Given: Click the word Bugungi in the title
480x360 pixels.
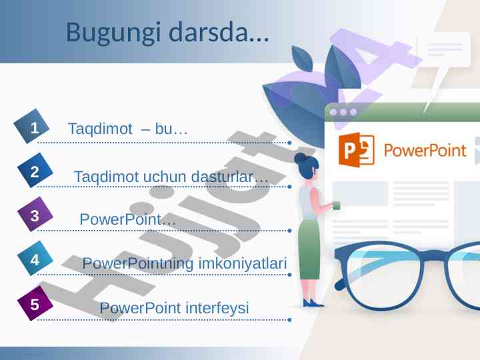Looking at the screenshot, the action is (x=113, y=33).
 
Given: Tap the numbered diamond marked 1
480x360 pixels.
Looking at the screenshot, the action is (x=31, y=126).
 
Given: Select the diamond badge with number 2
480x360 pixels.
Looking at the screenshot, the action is (x=35, y=170).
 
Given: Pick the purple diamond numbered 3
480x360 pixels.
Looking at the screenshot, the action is (x=35, y=214).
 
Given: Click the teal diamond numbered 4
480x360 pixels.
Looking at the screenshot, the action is (x=35, y=259).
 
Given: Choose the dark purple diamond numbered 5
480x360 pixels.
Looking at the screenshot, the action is (x=35, y=303).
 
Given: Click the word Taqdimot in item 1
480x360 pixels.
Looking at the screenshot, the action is (x=100, y=129).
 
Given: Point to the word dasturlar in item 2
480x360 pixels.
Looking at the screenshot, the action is (x=229, y=176).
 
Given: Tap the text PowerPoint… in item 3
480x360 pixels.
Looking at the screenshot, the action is (x=127, y=219).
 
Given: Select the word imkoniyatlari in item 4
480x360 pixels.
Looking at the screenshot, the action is (x=243, y=263).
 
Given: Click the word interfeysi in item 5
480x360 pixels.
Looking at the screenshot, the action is (x=217, y=307).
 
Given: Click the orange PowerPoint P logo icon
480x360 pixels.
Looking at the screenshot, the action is (x=356, y=150).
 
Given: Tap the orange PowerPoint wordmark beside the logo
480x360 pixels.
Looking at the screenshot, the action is (x=425, y=150).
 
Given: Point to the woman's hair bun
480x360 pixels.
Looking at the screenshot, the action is (x=300, y=157).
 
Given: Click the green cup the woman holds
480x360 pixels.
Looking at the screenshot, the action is (x=336, y=205).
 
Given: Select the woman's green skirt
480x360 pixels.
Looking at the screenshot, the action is (x=309, y=249).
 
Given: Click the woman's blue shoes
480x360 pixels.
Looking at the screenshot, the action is (x=312, y=303).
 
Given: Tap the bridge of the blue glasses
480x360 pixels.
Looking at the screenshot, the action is (x=434, y=255).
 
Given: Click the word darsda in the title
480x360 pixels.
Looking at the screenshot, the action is (x=219, y=32).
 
